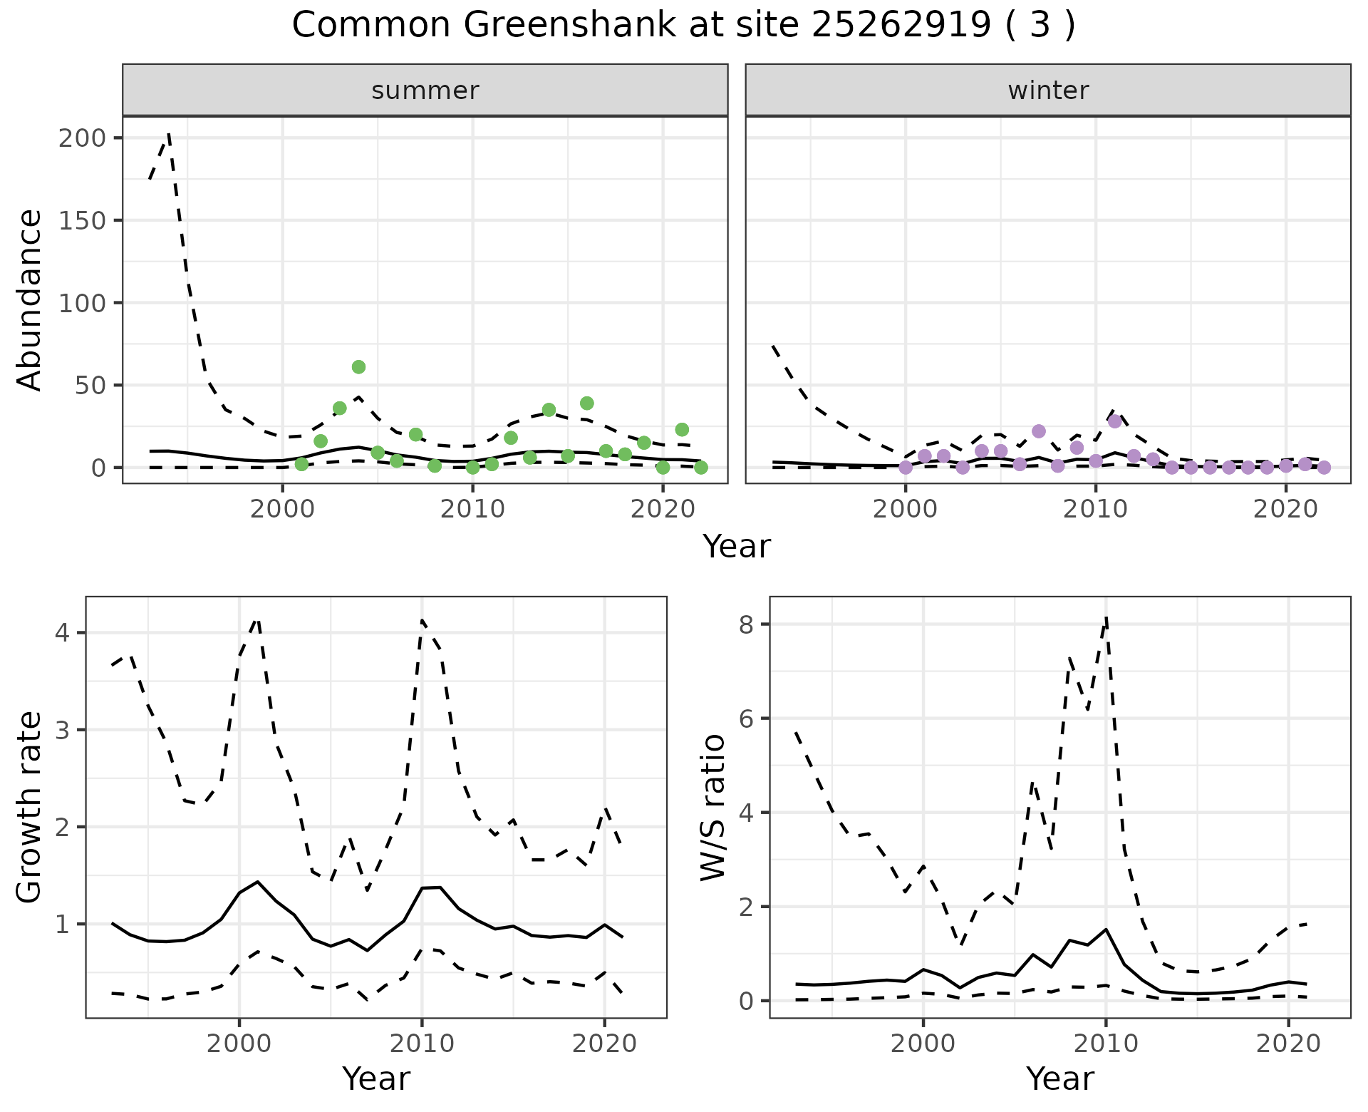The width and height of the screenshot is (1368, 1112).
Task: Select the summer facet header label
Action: pos(425,91)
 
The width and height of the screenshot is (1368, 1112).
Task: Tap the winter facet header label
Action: pos(1047,91)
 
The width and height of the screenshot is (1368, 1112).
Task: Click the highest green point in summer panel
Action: pos(358,367)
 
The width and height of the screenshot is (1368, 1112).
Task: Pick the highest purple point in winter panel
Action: pos(1115,421)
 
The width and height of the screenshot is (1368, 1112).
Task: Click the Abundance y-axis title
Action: pos(30,300)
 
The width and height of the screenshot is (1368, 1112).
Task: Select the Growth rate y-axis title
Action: pos(30,808)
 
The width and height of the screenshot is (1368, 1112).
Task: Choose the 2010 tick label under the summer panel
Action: pos(472,510)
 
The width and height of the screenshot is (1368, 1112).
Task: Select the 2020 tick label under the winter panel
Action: pos(1286,510)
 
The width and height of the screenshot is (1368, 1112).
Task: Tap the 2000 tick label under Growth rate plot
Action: pos(239,1044)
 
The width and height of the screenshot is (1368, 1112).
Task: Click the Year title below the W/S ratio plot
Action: pos(1059,1079)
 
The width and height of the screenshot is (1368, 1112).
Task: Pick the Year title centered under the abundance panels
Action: pos(737,547)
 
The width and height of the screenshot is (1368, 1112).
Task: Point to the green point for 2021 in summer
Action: pos(682,430)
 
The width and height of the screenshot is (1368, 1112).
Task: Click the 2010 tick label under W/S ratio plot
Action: pos(1105,1044)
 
